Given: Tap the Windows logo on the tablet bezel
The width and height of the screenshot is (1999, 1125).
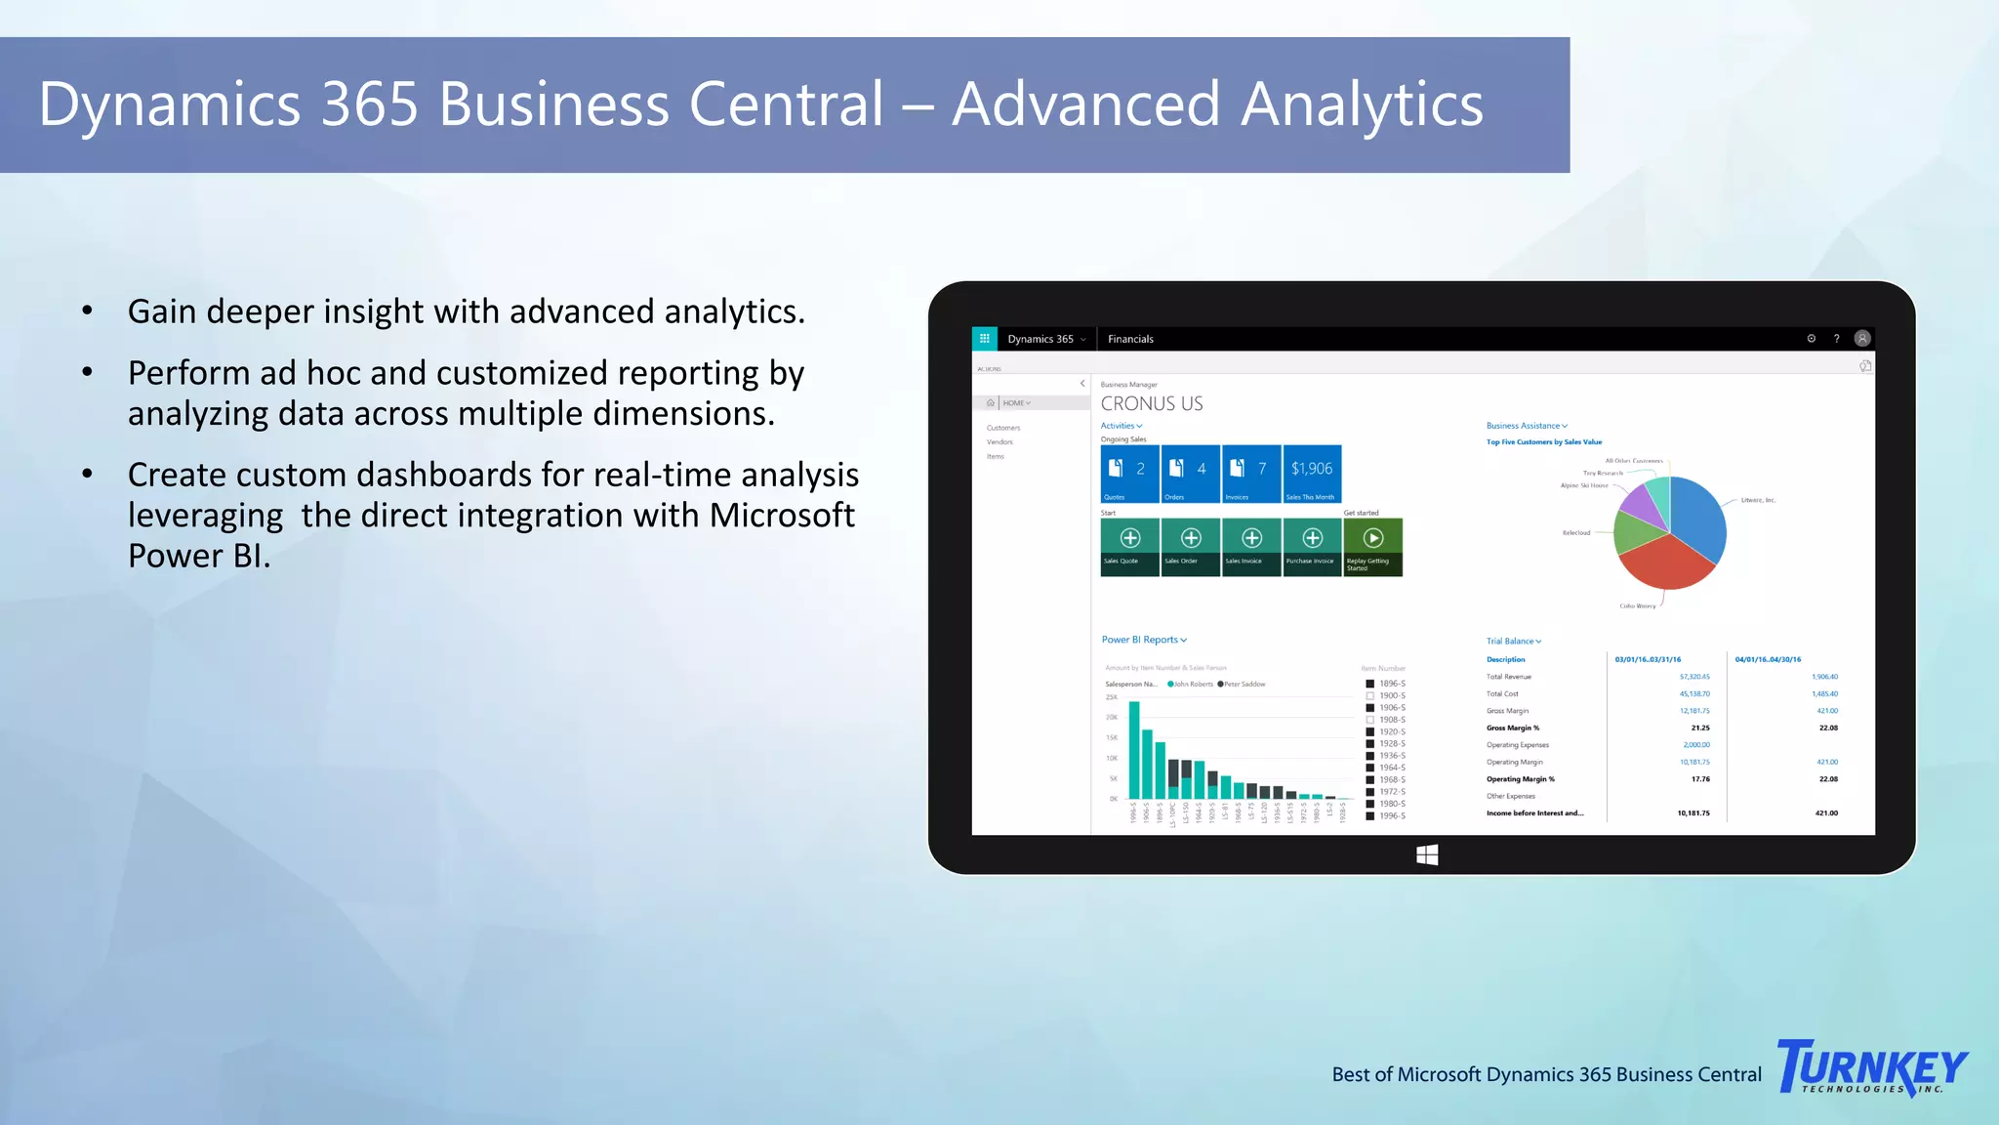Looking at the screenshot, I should (x=1427, y=855).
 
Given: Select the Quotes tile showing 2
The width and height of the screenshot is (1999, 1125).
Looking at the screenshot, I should (x=1129, y=474).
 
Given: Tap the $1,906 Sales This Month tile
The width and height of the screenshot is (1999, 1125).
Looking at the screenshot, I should (x=1312, y=474).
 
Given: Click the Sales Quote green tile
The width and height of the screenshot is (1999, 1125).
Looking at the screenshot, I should (x=1129, y=547).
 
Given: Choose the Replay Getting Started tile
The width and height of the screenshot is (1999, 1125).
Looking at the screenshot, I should (x=1372, y=547).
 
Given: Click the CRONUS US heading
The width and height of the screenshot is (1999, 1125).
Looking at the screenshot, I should (x=1152, y=404).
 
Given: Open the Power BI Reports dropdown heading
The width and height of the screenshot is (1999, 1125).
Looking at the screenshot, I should (x=1144, y=640).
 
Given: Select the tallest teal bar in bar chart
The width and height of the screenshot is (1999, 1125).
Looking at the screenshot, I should (x=1134, y=750).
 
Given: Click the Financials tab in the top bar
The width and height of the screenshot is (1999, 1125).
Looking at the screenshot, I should (x=1130, y=339).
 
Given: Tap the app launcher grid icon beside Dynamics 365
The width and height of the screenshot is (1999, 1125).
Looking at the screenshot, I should (x=984, y=339).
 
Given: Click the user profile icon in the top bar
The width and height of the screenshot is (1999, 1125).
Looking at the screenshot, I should (x=1862, y=339).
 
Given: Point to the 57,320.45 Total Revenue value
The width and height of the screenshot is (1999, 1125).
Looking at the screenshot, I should (x=1694, y=677).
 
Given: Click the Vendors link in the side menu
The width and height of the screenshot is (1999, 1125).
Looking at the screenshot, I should (x=999, y=442).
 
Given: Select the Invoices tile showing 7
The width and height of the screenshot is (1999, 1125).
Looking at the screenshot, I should (x=1251, y=474).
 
